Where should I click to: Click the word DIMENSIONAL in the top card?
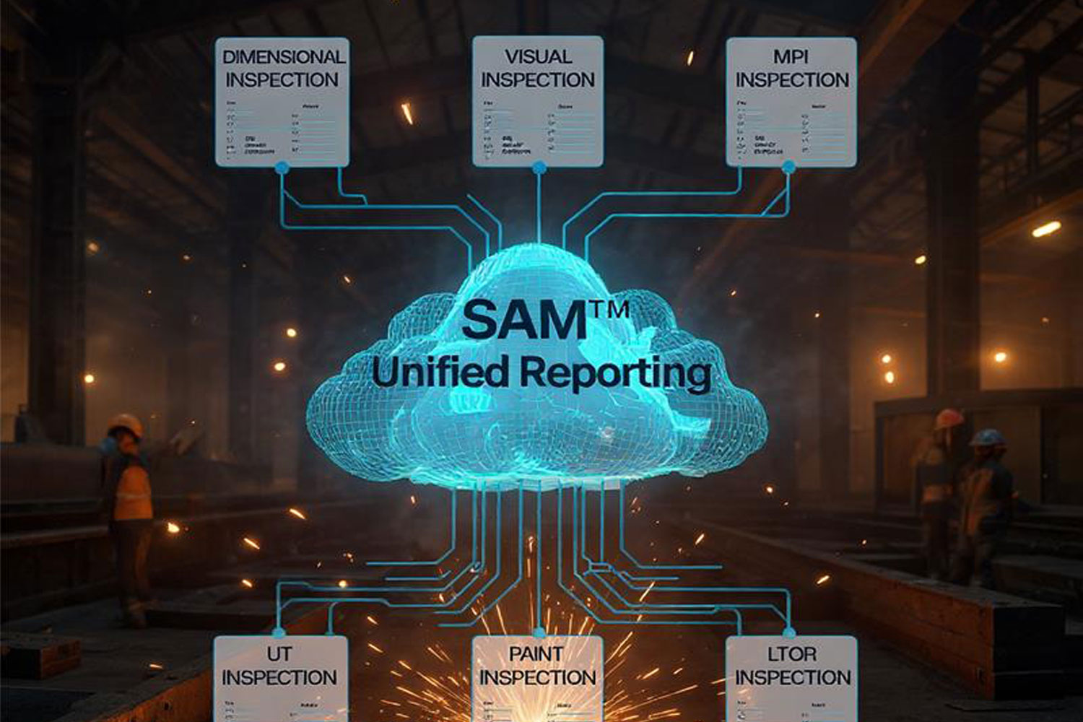coord(283,56)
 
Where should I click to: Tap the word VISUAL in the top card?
coord(538,56)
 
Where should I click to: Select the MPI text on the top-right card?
coord(791,56)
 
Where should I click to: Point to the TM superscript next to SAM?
coord(611,309)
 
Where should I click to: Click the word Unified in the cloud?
coord(440,371)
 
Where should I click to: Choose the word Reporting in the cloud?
coord(615,373)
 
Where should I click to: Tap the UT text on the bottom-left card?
coord(279,654)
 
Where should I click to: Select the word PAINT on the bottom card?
coord(536,654)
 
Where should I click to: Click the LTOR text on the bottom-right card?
coord(792,654)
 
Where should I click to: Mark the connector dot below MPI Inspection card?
coord(789,168)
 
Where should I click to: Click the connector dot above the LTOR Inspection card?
coord(788,633)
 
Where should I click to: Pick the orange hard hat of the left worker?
coord(127,424)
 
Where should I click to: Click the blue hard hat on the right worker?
coord(988,438)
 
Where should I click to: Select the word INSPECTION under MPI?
coord(792,80)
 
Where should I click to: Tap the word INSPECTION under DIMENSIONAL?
coord(282,80)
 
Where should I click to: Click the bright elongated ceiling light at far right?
coord(1046,230)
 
